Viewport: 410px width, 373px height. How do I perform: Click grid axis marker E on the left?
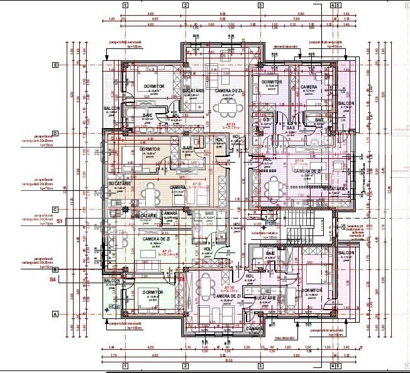(x=55, y=65)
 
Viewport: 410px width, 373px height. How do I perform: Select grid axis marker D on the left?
(x=55, y=133)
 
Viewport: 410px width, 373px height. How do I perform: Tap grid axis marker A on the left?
(x=55, y=314)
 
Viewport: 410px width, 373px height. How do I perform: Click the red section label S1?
(x=60, y=221)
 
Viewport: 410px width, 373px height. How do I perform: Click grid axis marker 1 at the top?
(x=125, y=6)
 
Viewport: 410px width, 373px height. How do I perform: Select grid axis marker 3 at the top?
(x=260, y=6)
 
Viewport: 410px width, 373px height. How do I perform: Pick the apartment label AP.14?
(x=301, y=161)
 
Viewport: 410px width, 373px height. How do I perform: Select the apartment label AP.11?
(x=150, y=251)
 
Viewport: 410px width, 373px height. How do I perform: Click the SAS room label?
(x=291, y=128)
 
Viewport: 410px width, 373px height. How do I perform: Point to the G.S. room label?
(x=266, y=119)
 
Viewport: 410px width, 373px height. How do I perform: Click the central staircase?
(x=296, y=229)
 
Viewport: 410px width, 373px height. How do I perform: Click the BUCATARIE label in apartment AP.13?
(x=194, y=90)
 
